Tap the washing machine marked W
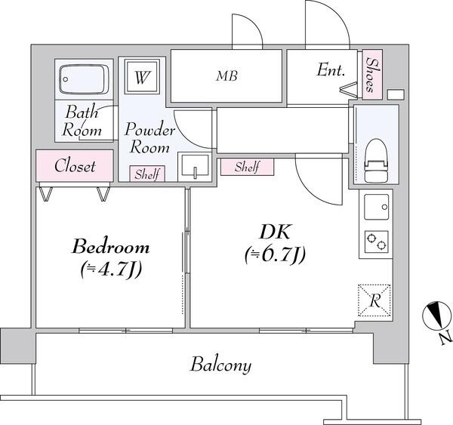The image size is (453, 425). [142, 76]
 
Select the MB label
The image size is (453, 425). [226, 76]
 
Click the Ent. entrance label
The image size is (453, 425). [331, 70]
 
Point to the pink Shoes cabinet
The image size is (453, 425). [372, 75]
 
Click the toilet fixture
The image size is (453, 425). [375, 161]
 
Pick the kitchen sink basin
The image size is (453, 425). [376, 207]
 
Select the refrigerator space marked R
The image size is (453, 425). [374, 300]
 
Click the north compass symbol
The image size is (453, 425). [436, 316]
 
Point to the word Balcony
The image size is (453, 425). [220, 365]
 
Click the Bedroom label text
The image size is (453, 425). [111, 247]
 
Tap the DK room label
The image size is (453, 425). [275, 232]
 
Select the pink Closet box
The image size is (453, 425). [75, 166]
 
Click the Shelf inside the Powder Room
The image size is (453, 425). [147, 174]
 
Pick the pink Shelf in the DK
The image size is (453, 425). [247, 167]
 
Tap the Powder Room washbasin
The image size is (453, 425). [194, 167]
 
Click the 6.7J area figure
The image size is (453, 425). [275, 255]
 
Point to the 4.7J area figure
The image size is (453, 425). [111, 269]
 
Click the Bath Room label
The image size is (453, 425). [82, 121]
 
